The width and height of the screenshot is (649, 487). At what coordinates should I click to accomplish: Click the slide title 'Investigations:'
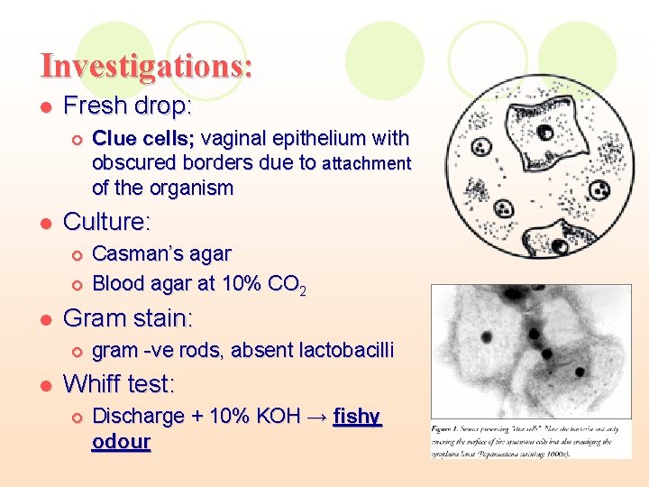[146, 66]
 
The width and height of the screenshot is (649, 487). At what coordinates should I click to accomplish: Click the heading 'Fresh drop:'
[127, 106]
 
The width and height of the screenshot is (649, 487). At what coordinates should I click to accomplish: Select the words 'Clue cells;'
[143, 139]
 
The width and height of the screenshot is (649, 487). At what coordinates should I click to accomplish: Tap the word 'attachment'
[366, 164]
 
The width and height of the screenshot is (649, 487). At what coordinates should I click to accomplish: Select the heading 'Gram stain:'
[128, 318]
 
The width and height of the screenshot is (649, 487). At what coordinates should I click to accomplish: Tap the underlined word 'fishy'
[358, 418]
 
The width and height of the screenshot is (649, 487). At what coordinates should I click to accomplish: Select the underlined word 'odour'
[121, 443]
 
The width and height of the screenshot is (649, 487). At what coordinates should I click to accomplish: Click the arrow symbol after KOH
[317, 417]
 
